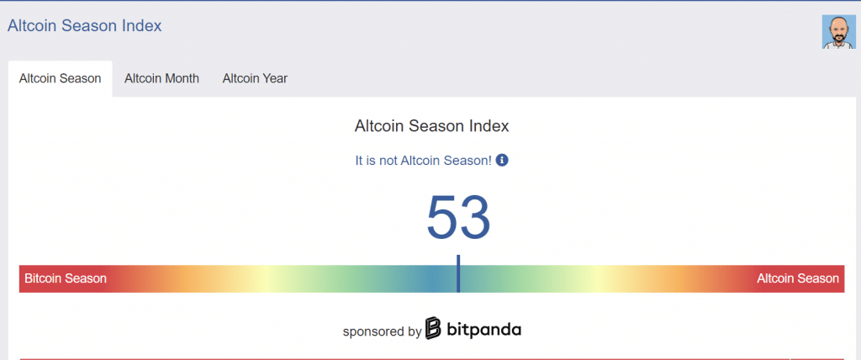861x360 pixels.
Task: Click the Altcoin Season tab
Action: (60, 78)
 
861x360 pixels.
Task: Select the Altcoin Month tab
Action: (161, 78)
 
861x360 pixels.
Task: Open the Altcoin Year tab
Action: (255, 78)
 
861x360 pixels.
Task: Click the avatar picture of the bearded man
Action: (838, 32)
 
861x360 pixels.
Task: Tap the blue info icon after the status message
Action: (502, 161)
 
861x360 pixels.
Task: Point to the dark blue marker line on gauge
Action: (458, 273)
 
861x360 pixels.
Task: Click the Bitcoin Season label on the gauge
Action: (66, 278)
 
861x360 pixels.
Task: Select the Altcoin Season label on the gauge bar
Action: (798, 278)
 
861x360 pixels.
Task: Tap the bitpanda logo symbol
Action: (433, 328)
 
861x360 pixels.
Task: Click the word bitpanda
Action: (483, 329)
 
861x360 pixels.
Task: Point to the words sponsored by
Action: (383, 331)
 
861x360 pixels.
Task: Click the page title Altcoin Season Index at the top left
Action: (85, 25)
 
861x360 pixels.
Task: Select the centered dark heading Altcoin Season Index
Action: (431, 126)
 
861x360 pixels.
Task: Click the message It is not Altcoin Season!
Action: (424, 161)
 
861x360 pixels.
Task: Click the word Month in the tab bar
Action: (181, 78)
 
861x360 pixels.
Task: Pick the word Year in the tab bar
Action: (275, 78)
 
